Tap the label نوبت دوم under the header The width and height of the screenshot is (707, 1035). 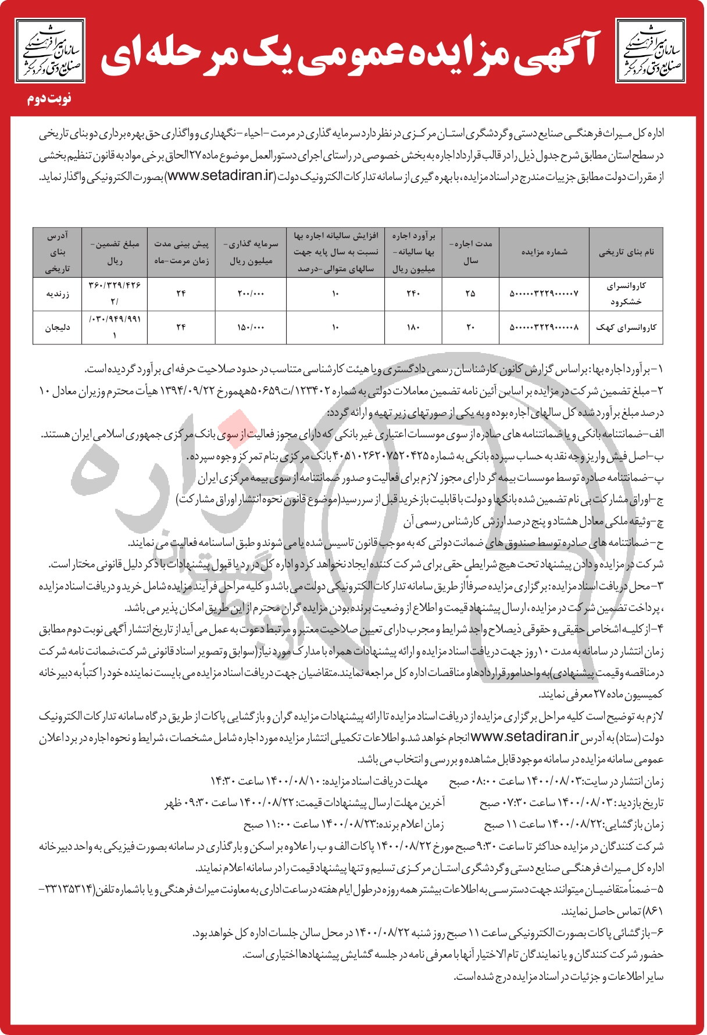pyautogui.click(x=50, y=98)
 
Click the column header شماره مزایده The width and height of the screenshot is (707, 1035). pyautogui.click(x=544, y=252)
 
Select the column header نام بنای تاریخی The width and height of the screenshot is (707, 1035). pyautogui.click(x=626, y=252)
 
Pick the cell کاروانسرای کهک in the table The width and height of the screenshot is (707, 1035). pyautogui.click(x=626, y=328)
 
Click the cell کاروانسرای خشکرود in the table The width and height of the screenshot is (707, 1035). pyautogui.click(x=626, y=294)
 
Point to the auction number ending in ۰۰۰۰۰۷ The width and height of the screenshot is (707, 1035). pyautogui.click(x=544, y=294)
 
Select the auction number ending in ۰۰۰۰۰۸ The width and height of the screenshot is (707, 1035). pyautogui.click(x=544, y=328)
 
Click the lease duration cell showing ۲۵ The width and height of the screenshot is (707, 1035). pyautogui.click(x=470, y=294)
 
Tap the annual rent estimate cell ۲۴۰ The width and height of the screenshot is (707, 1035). pyautogui.click(x=413, y=294)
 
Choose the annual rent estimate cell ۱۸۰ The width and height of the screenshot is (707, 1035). pyautogui.click(x=413, y=328)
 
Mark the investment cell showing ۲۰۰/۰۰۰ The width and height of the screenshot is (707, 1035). pyautogui.click(x=251, y=294)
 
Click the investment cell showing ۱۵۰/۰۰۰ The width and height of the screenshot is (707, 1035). pyautogui.click(x=251, y=328)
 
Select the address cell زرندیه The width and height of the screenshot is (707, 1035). pyautogui.click(x=58, y=294)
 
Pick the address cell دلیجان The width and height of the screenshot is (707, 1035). pyautogui.click(x=58, y=328)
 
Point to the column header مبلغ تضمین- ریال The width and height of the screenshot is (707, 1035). pyautogui.click(x=115, y=252)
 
